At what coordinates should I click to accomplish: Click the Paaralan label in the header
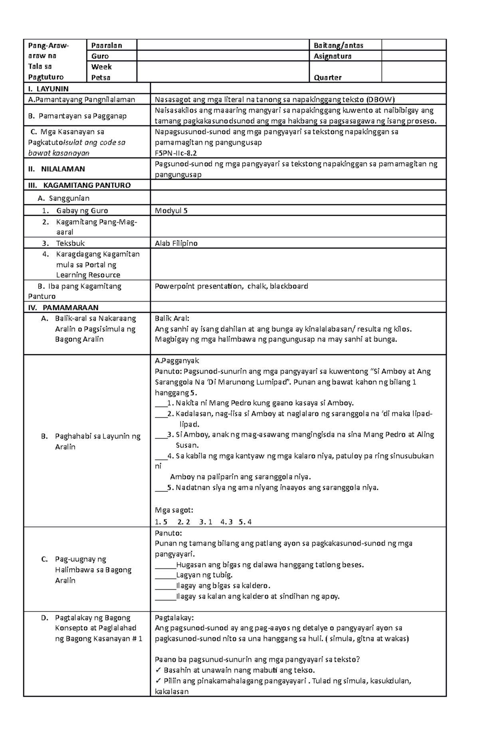(107, 46)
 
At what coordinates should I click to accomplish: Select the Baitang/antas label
(338, 46)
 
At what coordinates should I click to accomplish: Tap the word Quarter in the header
(327, 77)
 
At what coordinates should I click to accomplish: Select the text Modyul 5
(171, 211)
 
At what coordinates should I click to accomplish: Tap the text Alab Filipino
(176, 243)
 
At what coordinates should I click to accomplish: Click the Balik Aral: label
(172, 318)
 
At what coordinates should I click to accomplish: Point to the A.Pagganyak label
(177, 361)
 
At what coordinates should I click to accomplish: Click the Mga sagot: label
(174, 510)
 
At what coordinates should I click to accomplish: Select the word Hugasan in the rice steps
(191, 565)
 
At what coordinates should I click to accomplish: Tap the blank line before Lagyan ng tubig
(165, 576)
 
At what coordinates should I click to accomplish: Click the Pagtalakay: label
(174, 618)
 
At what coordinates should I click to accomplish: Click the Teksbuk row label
(70, 243)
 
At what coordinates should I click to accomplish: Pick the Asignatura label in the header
(333, 56)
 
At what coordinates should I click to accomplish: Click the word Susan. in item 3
(187, 445)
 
